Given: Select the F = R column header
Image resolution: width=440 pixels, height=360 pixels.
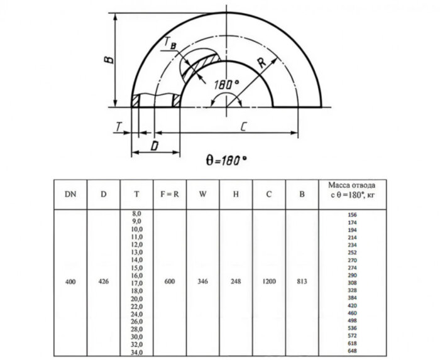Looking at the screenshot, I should [169, 194].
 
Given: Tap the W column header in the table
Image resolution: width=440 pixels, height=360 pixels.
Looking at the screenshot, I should [202, 194].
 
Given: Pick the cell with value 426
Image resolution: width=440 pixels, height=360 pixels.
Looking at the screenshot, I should [104, 282].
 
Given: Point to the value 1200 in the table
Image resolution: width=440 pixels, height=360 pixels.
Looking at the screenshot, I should [268, 282].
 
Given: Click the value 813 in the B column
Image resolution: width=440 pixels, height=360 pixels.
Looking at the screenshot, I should [302, 282].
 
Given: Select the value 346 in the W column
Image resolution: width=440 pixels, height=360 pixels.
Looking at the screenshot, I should [202, 282].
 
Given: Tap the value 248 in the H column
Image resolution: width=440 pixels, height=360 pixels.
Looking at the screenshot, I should [236, 282].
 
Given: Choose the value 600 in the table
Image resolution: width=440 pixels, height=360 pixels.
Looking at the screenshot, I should [169, 282].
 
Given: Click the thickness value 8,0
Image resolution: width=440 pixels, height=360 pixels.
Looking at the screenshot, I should [136, 214].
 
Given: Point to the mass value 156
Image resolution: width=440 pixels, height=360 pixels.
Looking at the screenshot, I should [353, 215].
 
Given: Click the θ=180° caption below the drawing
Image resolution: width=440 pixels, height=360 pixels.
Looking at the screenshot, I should [227, 160].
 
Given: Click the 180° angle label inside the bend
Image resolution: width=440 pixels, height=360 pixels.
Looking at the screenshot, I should [226, 84].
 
